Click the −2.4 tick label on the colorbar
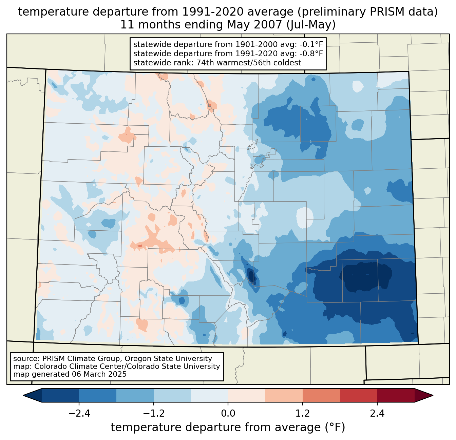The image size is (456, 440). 79,414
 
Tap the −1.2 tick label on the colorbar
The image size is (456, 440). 153,414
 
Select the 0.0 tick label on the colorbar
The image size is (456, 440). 228,414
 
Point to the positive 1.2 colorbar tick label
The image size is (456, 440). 303,414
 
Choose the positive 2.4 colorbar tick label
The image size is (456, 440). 377,414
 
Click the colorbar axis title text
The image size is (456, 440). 228,427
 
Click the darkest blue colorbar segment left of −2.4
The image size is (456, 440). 60,395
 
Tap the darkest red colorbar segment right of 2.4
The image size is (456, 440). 396,395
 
